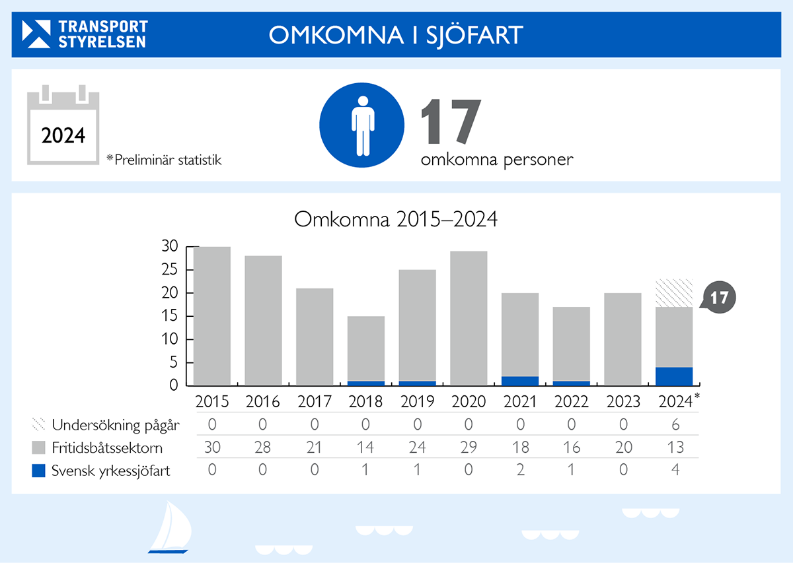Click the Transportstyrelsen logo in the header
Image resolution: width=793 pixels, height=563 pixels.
85,34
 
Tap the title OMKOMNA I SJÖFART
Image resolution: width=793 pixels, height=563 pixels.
396,35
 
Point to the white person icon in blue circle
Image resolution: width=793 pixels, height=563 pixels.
362,126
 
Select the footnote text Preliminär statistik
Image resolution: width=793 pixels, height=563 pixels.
164,159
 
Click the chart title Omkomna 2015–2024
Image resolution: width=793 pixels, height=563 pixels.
395,219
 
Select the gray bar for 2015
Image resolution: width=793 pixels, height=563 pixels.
212,315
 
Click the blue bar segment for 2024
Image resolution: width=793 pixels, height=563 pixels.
674,376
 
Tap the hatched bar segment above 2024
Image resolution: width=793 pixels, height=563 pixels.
674,293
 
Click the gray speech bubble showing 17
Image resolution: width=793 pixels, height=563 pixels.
719,298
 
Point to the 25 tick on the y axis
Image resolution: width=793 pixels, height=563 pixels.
170,270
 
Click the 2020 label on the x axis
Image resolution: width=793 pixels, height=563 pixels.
469,401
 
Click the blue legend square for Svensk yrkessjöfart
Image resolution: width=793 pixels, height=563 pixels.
39,471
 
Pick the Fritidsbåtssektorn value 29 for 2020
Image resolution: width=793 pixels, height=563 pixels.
469,448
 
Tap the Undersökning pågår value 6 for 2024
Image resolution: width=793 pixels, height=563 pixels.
674,425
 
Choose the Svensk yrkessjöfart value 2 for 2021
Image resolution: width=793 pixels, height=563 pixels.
520,471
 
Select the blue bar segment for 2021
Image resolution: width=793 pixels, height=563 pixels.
520,381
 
